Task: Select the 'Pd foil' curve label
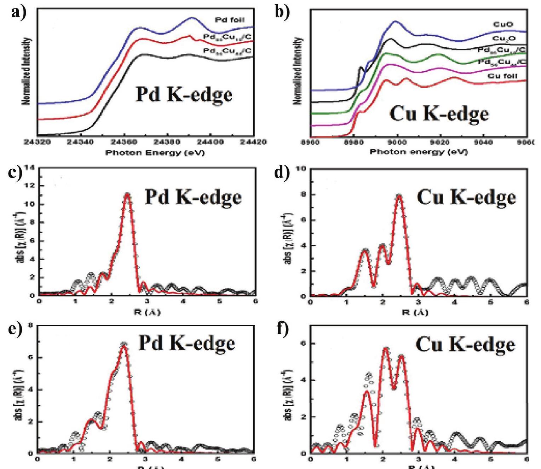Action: (229, 20)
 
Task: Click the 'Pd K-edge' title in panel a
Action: (184, 95)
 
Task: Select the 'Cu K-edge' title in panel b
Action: (439, 114)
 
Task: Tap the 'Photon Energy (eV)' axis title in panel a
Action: (155, 153)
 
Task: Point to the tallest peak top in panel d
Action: (399, 195)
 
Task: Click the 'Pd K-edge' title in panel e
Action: (186, 343)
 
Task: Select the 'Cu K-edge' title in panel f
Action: (465, 344)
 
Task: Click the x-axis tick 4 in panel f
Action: (455, 459)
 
